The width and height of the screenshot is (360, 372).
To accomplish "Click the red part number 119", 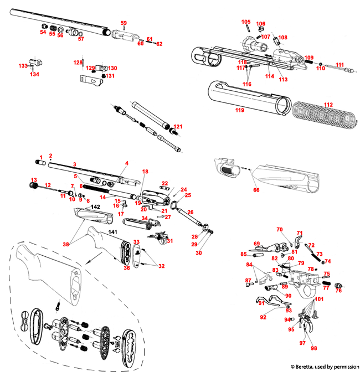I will tap(239, 111).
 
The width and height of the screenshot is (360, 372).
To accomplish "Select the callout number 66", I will tap(256, 190).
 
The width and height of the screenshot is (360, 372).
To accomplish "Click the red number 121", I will tap(178, 127).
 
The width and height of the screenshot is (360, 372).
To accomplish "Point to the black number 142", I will tap(96, 206).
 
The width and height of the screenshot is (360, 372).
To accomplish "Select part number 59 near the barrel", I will tap(124, 22).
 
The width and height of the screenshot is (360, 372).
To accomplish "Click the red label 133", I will tap(23, 66).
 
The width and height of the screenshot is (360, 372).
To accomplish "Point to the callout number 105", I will tap(246, 22).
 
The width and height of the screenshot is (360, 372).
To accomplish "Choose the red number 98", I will tap(314, 348).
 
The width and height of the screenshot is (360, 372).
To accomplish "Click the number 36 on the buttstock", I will tap(127, 268).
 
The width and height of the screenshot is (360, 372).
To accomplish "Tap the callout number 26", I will tap(189, 212).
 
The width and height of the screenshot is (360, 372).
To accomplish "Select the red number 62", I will tap(160, 43).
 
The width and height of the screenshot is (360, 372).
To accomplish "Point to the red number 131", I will tap(110, 76).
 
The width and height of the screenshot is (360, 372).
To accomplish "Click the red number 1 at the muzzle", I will tap(40, 157).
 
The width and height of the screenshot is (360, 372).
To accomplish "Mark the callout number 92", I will tap(263, 317).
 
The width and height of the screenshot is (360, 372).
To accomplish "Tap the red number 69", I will tap(257, 244).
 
